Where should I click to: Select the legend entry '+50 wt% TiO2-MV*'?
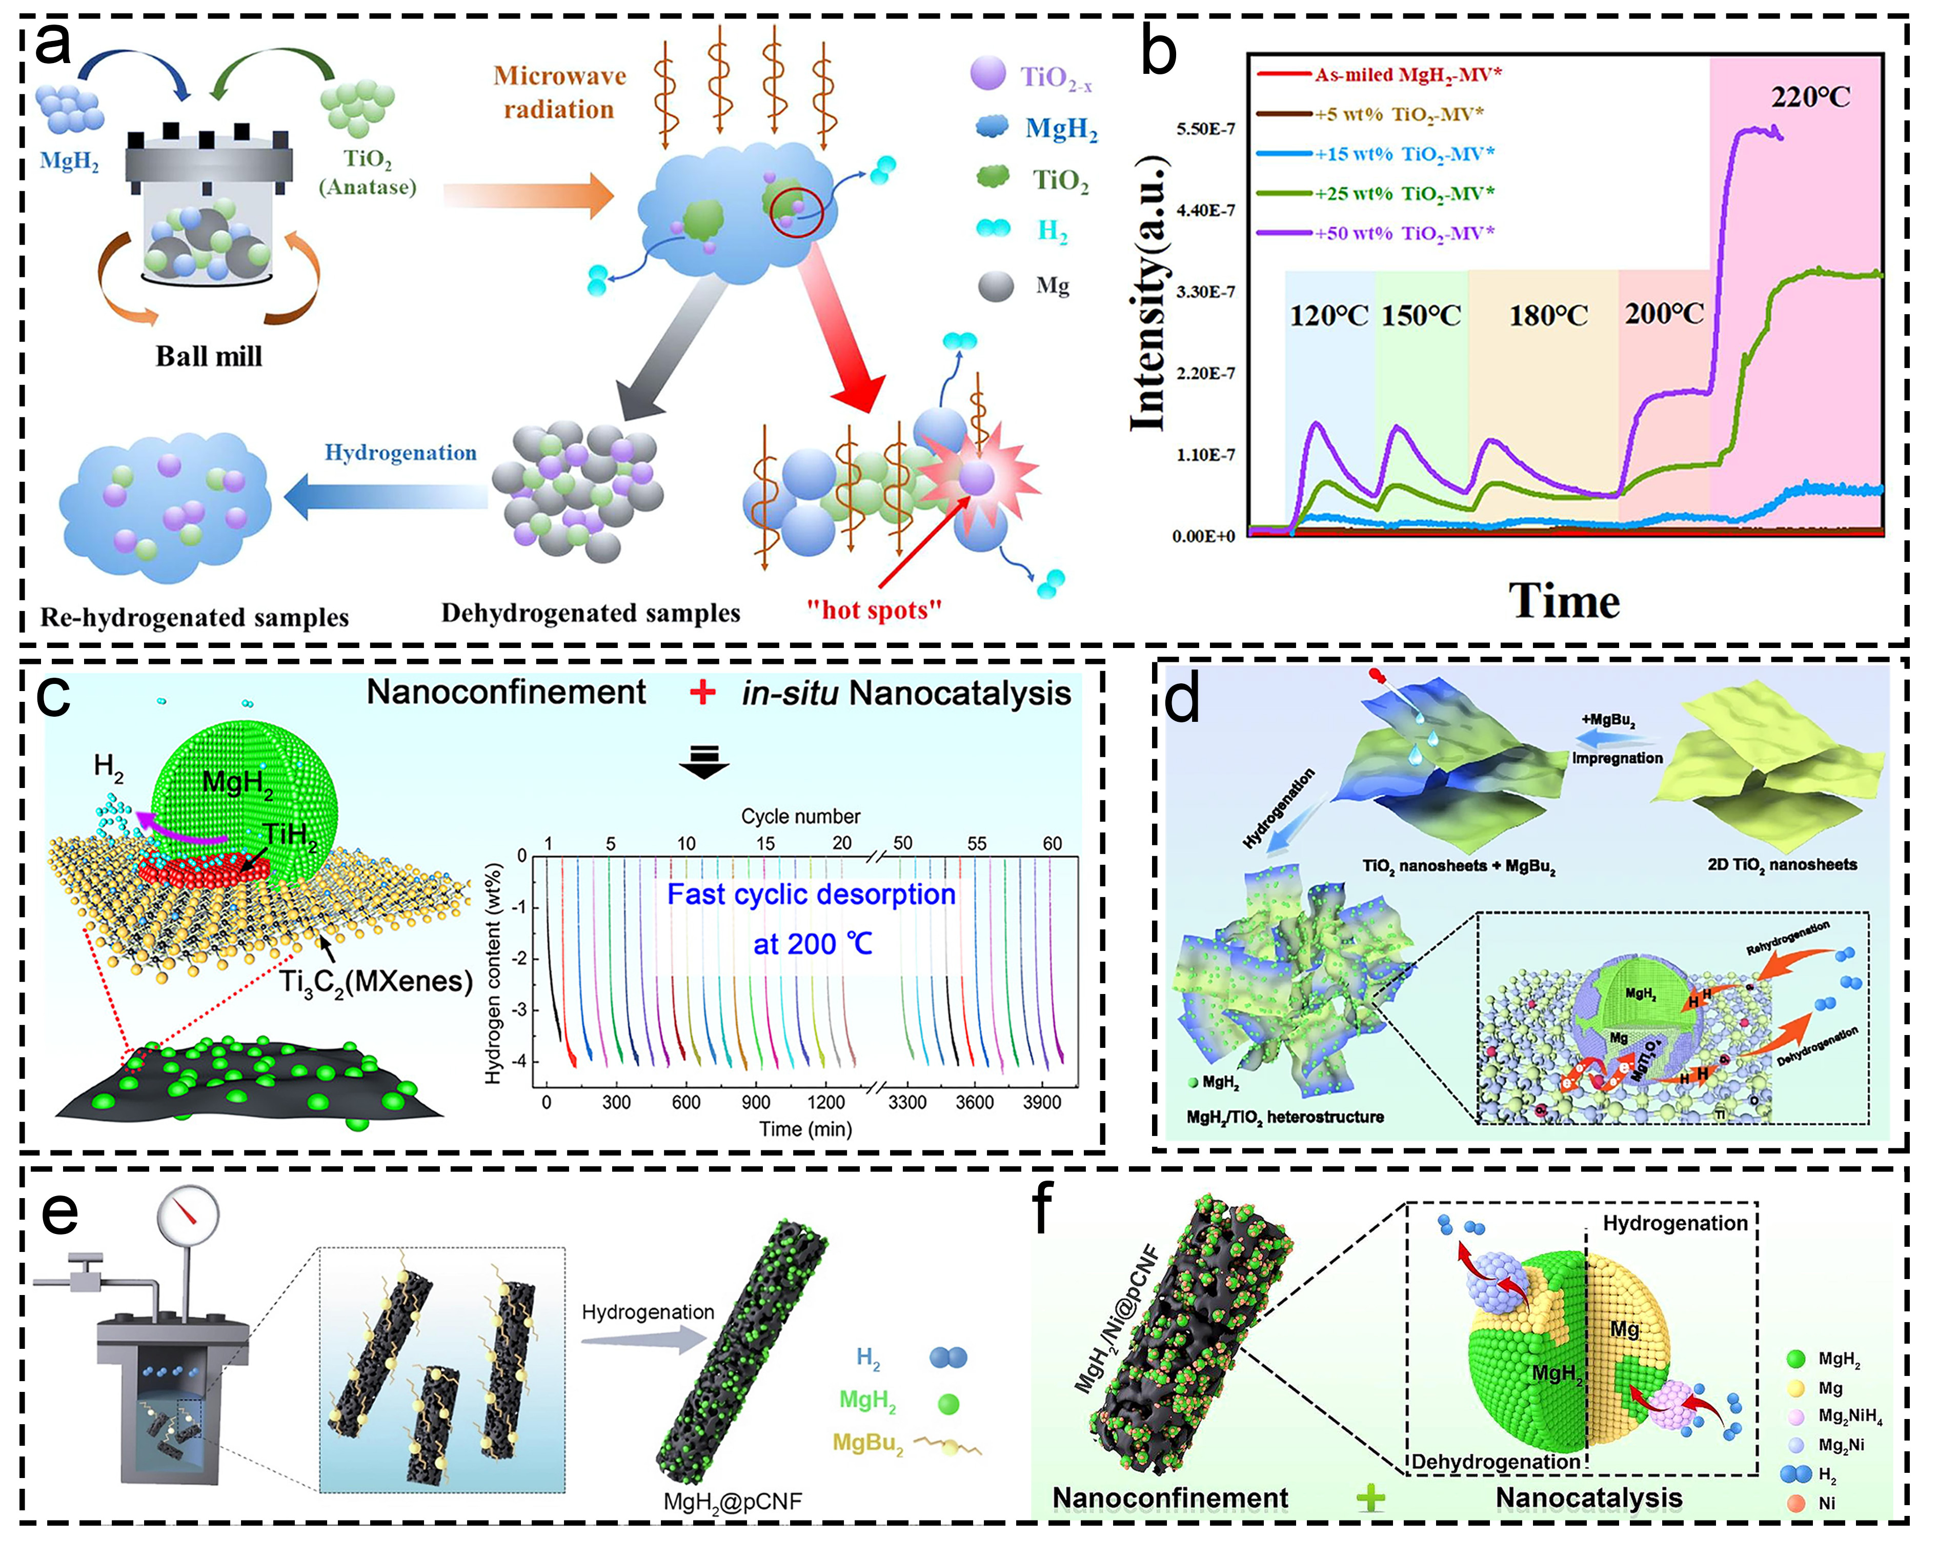coord(1404,233)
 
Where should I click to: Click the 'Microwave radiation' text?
coord(559,93)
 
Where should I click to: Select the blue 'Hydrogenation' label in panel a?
coord(400,452)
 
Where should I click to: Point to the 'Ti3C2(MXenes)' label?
coord(376,980)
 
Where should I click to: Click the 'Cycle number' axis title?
coord(800,816)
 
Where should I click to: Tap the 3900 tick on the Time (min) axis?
coord(1042,1102)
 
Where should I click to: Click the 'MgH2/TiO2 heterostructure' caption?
coord(1284,1117)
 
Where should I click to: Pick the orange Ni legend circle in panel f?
coord(1796,1503)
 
